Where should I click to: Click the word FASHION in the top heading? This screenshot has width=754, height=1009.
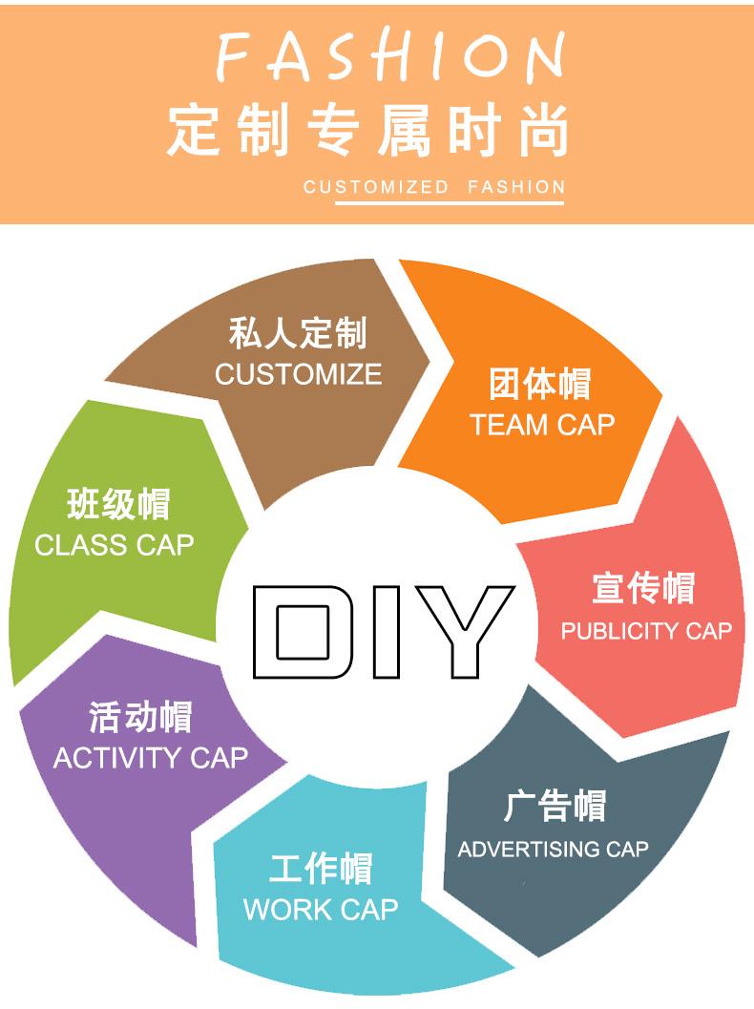389,58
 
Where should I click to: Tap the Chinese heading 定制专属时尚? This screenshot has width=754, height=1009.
368,131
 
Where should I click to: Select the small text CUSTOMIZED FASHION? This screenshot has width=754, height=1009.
434,187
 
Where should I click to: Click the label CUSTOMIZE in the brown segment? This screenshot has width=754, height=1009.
298,374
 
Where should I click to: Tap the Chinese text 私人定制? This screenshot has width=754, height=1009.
298,334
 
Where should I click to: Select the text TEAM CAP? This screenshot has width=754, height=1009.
542,425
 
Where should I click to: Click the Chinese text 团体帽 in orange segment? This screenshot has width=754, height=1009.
540,384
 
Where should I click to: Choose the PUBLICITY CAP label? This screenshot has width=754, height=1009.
646,631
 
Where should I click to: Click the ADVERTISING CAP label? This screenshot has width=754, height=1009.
553,849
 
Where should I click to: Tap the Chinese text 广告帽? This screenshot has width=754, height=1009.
555,807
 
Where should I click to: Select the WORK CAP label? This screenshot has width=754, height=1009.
321,910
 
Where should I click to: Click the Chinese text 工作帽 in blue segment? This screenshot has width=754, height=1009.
321,870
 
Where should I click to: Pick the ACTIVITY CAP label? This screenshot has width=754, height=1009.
151,759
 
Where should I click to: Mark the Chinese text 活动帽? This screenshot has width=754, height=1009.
140,717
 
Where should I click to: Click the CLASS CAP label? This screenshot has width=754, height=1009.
115,545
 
